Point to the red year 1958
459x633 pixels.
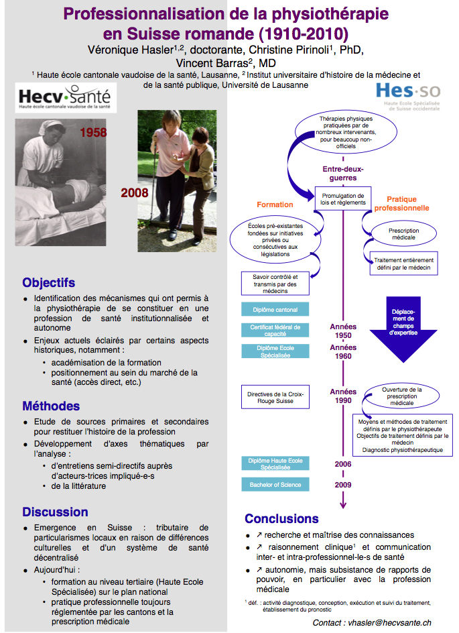pos(93,132)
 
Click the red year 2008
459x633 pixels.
pos(135,193)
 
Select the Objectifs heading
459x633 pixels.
pos(48,282)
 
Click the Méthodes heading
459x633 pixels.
pos(50,406)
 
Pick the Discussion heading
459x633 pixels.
pos(55,512)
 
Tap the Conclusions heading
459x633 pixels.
pos(281,518)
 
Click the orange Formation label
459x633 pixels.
pos(275,205)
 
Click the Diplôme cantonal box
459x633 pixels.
pos(275,310)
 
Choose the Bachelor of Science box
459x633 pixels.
pos(275,485)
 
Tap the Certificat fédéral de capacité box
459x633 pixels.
pos(275,330)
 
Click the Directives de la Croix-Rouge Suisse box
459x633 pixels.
pos(275,398)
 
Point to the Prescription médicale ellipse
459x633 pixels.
pos(403,234)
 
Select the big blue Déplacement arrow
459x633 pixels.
pos(403,325)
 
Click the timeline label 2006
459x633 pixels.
pos(343,463)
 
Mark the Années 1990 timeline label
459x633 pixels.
pos(343,396)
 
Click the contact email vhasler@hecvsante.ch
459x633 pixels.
pos(371,622)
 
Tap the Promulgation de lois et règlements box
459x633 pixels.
pos(343,198)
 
